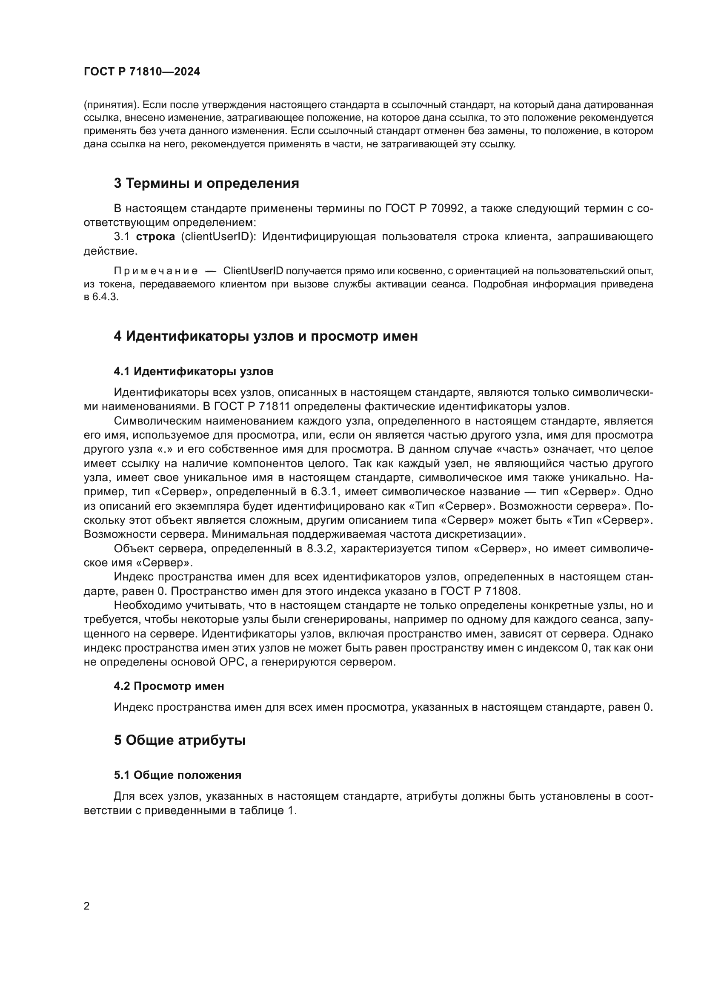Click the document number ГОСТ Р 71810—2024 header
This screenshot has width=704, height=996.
tap(142, 72)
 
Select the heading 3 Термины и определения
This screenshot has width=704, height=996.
tap(206, 184)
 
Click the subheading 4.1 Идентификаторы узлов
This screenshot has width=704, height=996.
tap(194, 371)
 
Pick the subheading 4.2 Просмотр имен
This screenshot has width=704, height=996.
tap(169, 686)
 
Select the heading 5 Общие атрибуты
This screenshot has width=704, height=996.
tap(180, 741)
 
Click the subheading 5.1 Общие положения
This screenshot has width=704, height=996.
tap(178, 775)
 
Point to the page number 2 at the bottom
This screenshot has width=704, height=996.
tap(87, 906)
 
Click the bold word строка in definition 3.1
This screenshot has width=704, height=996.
tap(155, 237)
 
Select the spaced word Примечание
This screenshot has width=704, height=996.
tap(156, 271)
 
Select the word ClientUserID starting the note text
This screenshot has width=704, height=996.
tap(253, 271)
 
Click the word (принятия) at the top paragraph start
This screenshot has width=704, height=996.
tap(111, 105)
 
